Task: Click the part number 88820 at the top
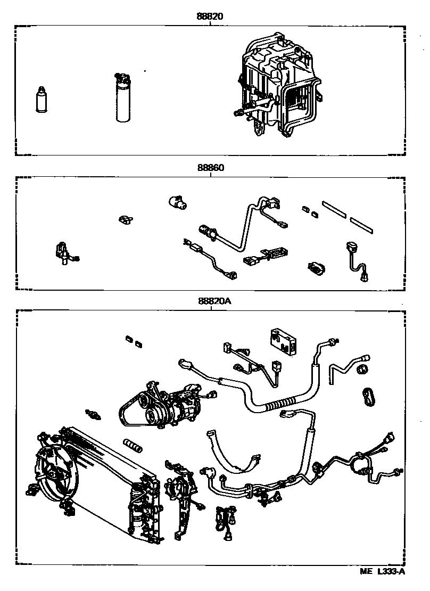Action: tap(210, 16)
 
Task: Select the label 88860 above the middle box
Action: tap(210, 167)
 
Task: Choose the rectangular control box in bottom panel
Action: tap(284, 341)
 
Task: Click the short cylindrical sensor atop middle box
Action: tap(178, 202)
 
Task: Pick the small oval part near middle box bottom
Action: tap(316, 269)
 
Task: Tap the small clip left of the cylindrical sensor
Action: tap(126, 219)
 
